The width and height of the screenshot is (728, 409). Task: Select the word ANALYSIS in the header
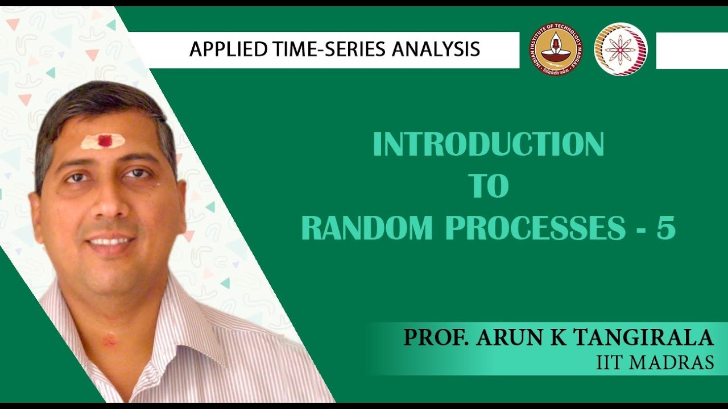tap(435, 49)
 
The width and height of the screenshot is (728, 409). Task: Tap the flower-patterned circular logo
tap(621, 49)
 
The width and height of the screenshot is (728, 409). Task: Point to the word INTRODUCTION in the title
tap(488, 145)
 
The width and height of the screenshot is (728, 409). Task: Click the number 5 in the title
tap(666, 228)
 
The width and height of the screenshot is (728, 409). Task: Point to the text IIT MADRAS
tap(655, 362)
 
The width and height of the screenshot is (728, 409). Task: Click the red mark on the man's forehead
tap(105, 140)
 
